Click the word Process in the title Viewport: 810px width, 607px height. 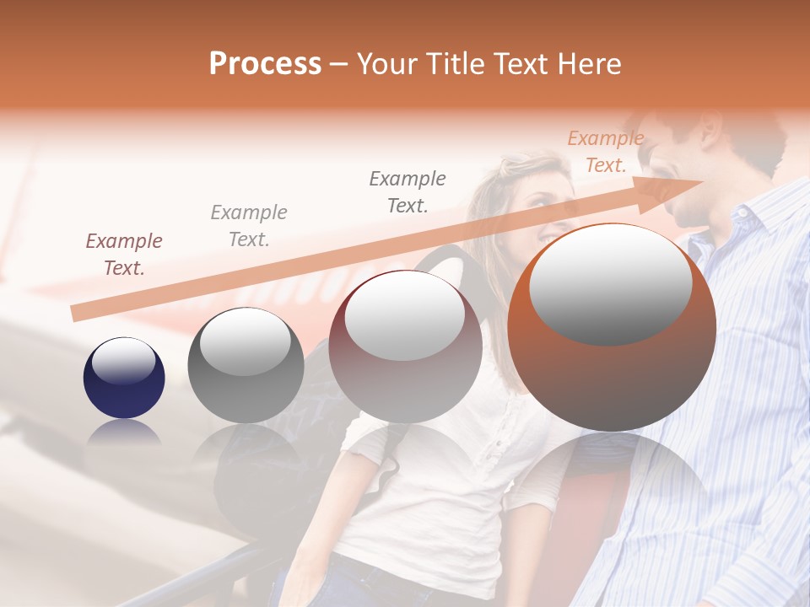click(265, 64)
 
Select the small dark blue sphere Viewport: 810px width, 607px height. click(124, 378)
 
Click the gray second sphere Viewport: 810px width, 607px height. click(246, 365)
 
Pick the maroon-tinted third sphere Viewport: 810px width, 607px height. click(406, 346)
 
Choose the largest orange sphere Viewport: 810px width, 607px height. click(612, 328)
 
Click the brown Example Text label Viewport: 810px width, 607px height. click(124, 255)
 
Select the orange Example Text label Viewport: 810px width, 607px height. click(606, 152)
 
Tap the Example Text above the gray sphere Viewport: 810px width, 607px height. click(249, 226)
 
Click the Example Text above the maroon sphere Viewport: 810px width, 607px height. click(408, 191)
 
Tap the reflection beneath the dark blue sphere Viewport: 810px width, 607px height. click(124, 434)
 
